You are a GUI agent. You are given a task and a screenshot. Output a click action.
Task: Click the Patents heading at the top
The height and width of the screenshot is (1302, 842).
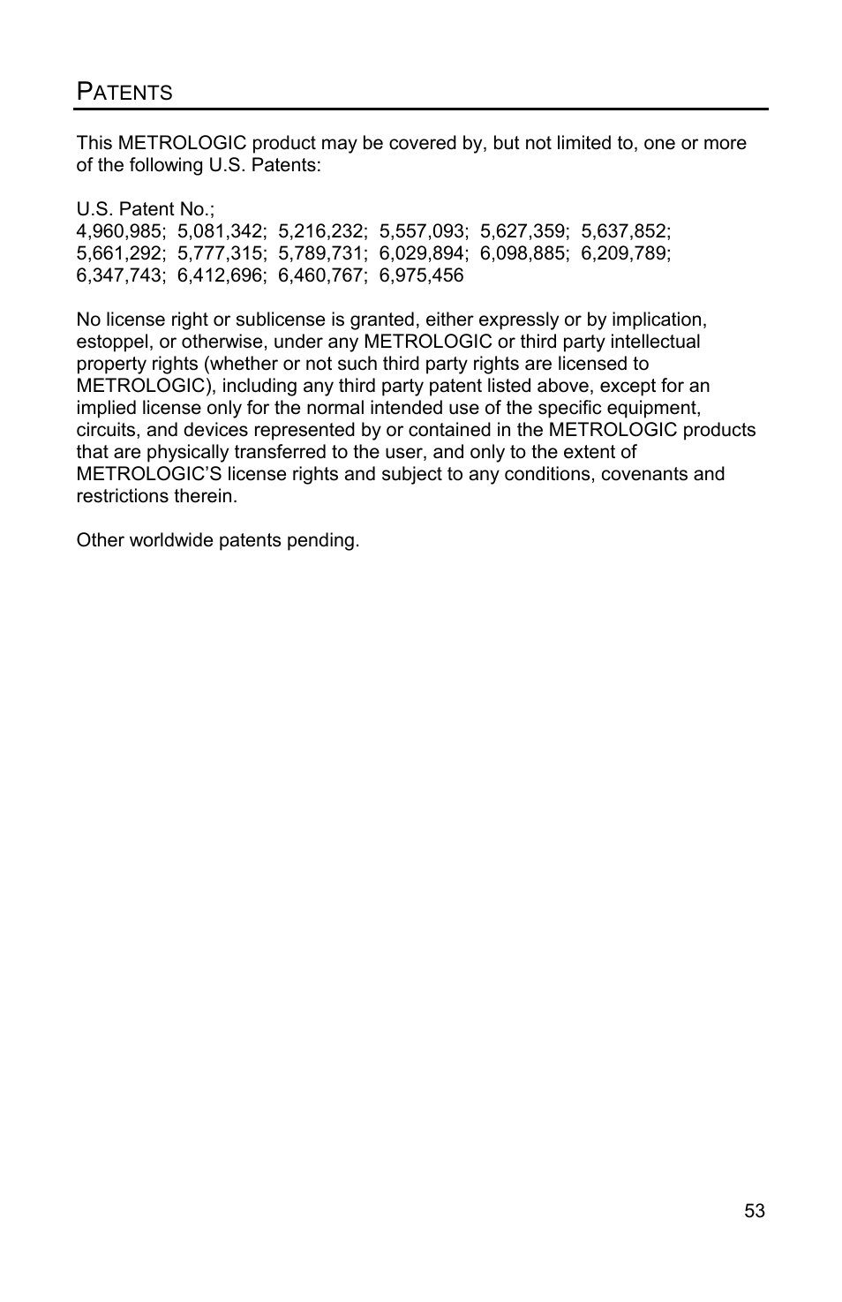coord(124,91)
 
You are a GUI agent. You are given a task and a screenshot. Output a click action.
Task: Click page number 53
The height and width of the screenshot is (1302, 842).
coord(755,1211)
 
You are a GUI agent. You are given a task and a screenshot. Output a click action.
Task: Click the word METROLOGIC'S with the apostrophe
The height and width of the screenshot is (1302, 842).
coord(149,474)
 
